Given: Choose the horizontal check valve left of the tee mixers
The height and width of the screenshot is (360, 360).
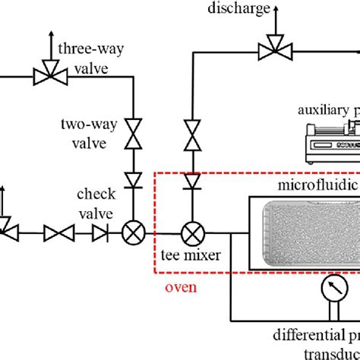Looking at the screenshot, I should pos(99,233).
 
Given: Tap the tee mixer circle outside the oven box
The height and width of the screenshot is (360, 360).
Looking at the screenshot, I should pos(133,233).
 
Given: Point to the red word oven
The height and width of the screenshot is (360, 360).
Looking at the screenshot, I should pos(182,288).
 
